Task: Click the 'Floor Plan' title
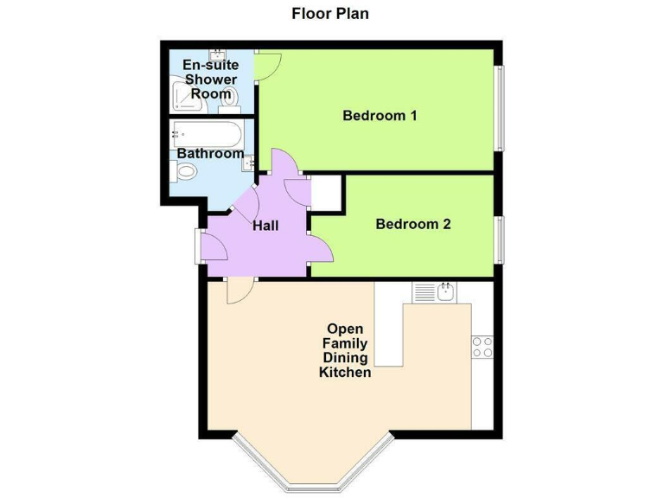coord(331,13)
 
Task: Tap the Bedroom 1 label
coord(380,115)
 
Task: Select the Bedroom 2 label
coord(412,224)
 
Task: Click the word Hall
coord(265,226)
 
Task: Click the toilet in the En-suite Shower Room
coord(229,100)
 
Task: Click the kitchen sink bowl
coord(446,293)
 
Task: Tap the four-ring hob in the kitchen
coord(482,347)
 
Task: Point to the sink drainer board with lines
coord(424,293)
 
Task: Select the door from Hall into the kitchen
coord(238,290)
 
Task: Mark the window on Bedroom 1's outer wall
coord(499,107)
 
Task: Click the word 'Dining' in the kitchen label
coord(345,358)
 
